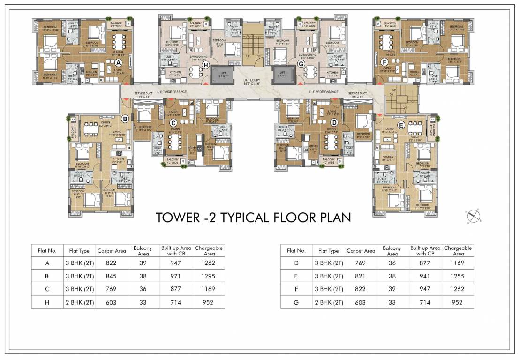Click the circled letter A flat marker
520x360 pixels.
pyautogui.click(x=118, y=62)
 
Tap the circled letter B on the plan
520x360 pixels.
pyautogui.click(x=125, y=119)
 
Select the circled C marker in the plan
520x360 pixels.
pyautogui.click(x=173, y=123)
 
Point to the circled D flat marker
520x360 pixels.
pyautogui.click(x=334, y=123)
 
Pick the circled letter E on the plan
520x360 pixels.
pyautogui.click(x=400, y=125)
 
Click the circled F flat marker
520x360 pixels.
pyautogui.click(x=384, y=62)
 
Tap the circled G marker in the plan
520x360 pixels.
pyautogui.click(x=301, y=64)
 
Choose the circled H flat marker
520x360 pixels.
pyautogui.click(x=206, y=66)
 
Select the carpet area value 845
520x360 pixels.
pyautogui.click(x=111, y=276)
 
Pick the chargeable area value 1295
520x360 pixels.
pyautogui.click(x=209, y=276)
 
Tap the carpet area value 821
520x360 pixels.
pyautogui.click(x=361, y=276)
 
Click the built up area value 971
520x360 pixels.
pyautogui.click(x=176, y=276)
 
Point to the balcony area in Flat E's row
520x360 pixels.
pyautogui.click(x=392, y=276)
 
